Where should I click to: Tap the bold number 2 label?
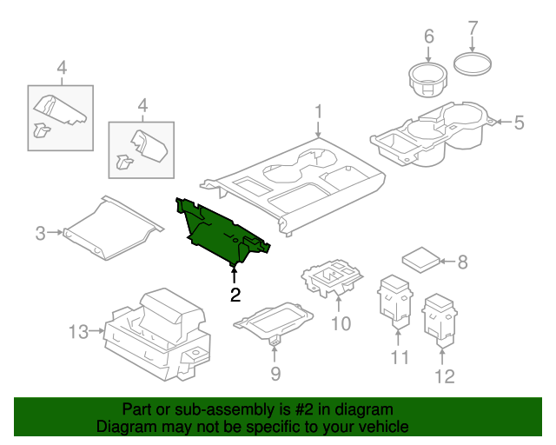pos(235,296)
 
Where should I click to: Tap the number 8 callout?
pos(462,260)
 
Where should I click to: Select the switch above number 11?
pos(395,300)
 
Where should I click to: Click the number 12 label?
pos(444,376)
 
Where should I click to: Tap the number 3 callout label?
pos(40,232)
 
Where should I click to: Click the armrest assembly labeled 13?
pos(156,335)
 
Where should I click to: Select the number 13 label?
pos(78,331)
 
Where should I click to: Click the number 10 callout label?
pos(340,323)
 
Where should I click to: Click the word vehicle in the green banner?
pos(380,427)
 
